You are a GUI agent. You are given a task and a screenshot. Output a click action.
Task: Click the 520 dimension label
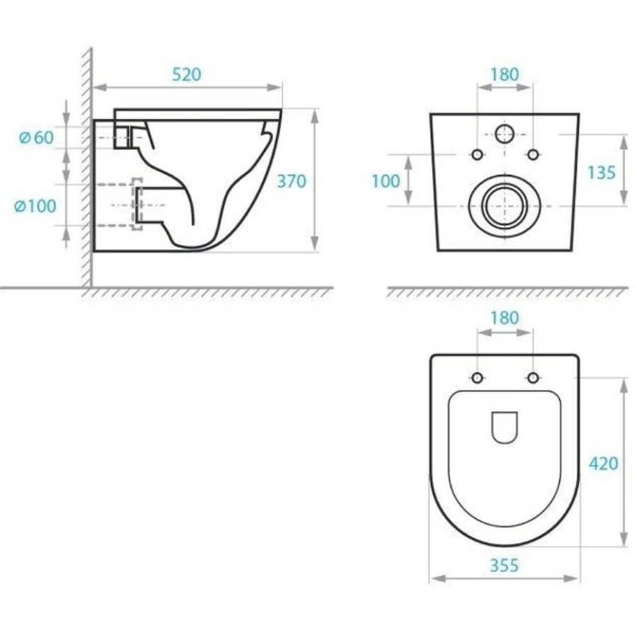[x=186, y=75]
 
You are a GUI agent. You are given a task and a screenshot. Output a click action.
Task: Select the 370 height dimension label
[x=292, y=181]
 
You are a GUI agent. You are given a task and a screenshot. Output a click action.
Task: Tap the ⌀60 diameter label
[x=37, y=138]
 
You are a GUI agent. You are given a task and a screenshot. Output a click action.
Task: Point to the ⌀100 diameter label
[x=35, y=206]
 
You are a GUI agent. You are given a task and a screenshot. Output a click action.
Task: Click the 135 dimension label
[x=601, y=173]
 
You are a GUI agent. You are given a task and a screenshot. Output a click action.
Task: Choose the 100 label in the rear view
[x=386, y=181]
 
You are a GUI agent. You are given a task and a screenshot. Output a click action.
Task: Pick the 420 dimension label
[x=604, y=463]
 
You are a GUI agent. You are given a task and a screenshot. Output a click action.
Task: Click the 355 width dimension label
[x=504, y=565]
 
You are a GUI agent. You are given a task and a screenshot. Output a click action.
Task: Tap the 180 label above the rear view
[x=505, y=75]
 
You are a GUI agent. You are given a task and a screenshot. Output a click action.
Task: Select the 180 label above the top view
[x=505, y=318]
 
